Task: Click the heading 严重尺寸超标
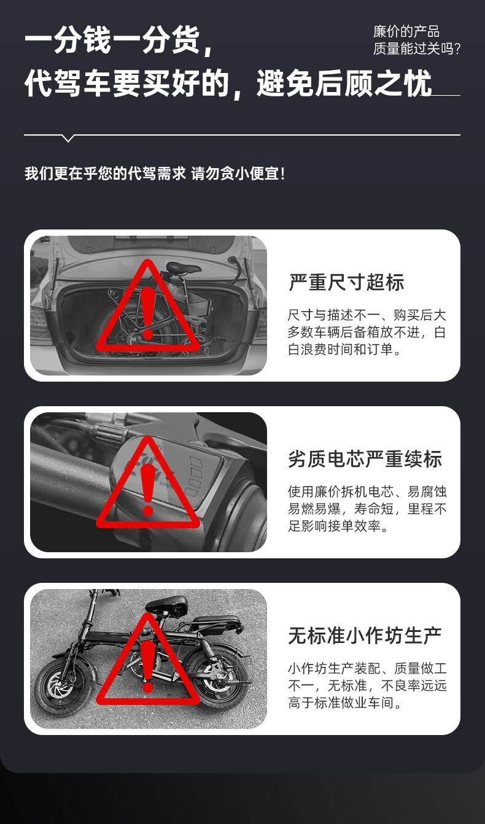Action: pyautogui.click(x=346, y=282)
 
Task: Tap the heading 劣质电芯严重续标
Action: pyautogui.click(x=365, y=459)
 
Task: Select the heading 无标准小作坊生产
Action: pyautogui.click(x=365, y=636)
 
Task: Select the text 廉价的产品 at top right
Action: pyautogui.click(x=406, y=32)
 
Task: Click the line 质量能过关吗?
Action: pyautogui.click(x=417, y=48)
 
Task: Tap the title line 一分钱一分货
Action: pyautogui.click(x=118, y=40)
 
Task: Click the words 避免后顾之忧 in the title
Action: pyautogui.click(x=344, y=83)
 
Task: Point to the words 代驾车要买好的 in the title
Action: pyautogui.click(x=127, y=83)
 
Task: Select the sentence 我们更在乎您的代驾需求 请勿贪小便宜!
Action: pyautogui.click(x=155, y=174)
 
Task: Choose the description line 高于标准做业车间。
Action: pyautogui.click(x=344, y=703)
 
